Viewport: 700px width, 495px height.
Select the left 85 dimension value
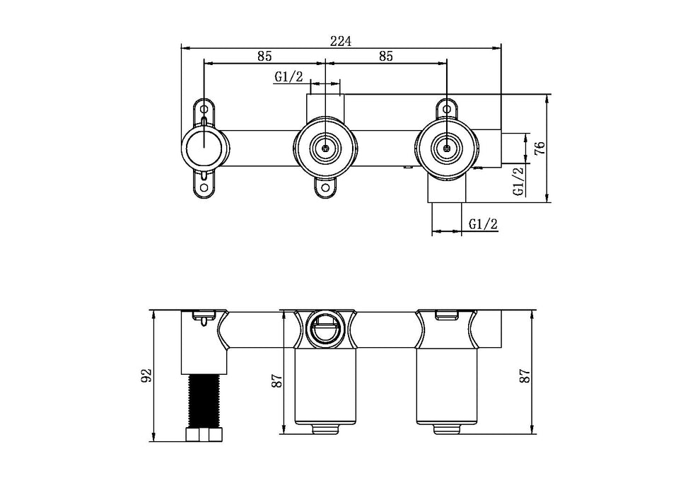coord(265,56)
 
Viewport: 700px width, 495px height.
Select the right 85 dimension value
coord(386,56)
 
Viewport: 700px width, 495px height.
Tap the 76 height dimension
coord(539,148)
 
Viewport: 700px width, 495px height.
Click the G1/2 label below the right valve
coord(484,224)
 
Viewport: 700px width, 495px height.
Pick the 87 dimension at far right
coord(524,375)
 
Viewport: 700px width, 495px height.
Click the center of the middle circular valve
coord(325,148)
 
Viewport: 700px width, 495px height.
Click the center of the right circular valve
coord(446,148)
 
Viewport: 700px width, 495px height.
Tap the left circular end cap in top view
coord(205,148)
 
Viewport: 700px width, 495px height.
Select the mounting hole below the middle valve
coord(325,189)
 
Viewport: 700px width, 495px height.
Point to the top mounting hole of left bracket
coord(205,110)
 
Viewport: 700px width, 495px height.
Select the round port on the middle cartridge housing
coord(325,327)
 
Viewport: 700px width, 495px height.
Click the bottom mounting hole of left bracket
coord(205,187)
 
